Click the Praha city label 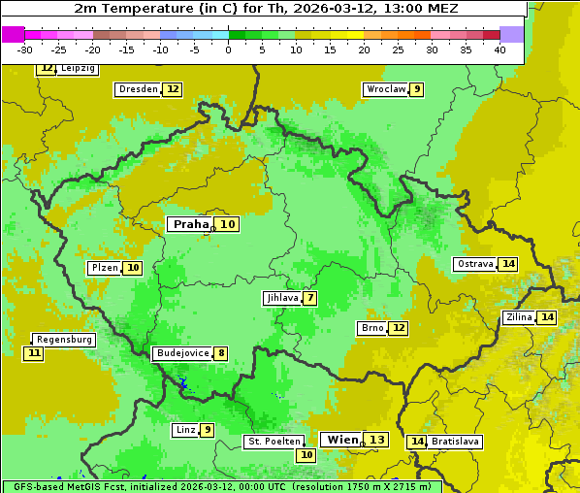point(190,224)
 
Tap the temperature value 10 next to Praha point(227,224)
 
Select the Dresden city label point(138,89)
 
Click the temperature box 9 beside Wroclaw point(416,89)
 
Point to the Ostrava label point(474,264)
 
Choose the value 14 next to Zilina point(547,317)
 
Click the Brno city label point(372,328)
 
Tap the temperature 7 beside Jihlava point(310,298)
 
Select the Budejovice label point(182,353)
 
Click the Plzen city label point(105,268)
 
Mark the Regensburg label point(64,340)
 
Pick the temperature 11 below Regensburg point(34,353)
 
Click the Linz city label point(185,430)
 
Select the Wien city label point(341,440)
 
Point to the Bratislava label point(456,442)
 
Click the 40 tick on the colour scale point(499,49)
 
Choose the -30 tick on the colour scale point(25,49)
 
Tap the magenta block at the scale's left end point(13,34)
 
